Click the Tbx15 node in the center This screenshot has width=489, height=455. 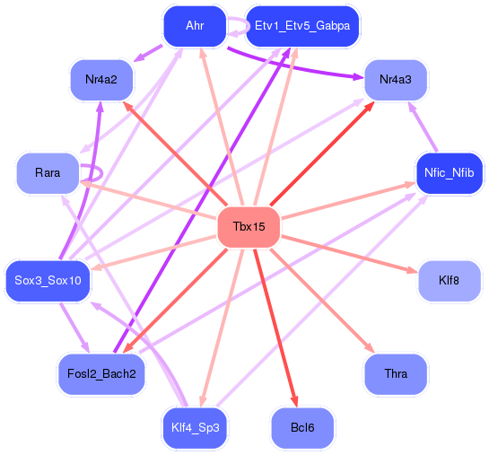[x=249, y=227]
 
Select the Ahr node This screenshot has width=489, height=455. [x=195, y=26]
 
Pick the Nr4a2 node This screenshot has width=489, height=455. [x=102, y=81]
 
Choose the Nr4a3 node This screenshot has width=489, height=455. [x=395, y=81]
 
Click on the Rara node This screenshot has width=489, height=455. [x=48, y=172]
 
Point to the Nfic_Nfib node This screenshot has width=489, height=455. [x=450, y=172]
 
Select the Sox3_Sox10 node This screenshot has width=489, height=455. [x=48, y=281]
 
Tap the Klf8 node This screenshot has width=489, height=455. [x=450, y=281]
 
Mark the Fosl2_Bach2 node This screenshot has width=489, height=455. [x=101, y=372]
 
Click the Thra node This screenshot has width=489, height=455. [x=395, y=372]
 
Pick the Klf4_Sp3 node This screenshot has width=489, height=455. [x=195, y=427]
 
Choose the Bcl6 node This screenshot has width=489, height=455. [x=302, y=427]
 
